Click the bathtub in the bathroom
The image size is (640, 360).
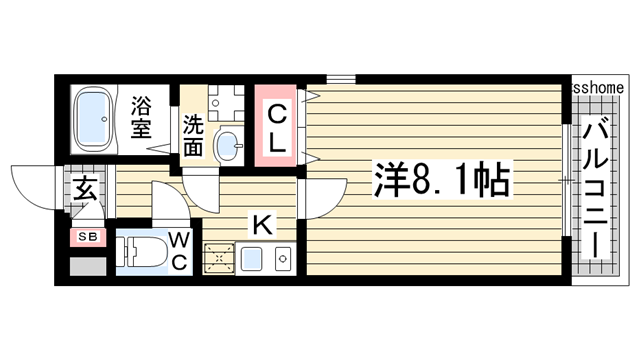98,117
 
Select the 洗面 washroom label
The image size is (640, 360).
193,137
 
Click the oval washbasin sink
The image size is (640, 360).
228,145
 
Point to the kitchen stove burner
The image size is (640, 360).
218,259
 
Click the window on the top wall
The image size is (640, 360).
339,77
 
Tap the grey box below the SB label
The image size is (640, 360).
87,266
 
